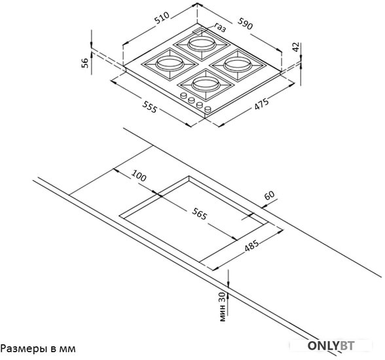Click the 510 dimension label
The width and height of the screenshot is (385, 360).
coord(162,18)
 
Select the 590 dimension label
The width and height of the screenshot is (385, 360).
coord(245,24)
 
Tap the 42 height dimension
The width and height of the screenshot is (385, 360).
coord(296,47)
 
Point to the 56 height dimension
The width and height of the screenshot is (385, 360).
coord(85,63)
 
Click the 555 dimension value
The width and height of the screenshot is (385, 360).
coord(149,107)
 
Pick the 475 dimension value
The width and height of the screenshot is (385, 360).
coord(261,104)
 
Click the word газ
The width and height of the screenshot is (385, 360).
coord(220,27)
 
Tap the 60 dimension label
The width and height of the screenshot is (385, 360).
coord(269,195)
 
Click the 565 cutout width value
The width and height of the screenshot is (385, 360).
coord(200,213)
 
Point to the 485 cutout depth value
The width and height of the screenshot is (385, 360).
coord(251,246)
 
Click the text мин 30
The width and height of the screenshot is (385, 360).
coord(222,307)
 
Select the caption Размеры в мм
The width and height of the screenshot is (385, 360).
coord(38,348)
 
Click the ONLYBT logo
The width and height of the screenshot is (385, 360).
coord(331,346)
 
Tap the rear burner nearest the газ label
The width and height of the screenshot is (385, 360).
coord(202,45)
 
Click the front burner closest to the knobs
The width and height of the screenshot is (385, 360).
coord(206,84)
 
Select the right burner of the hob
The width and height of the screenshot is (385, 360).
coord(238,65)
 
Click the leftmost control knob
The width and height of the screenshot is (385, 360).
coord(183,96)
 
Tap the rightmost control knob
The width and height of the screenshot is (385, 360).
coord(208,109)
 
